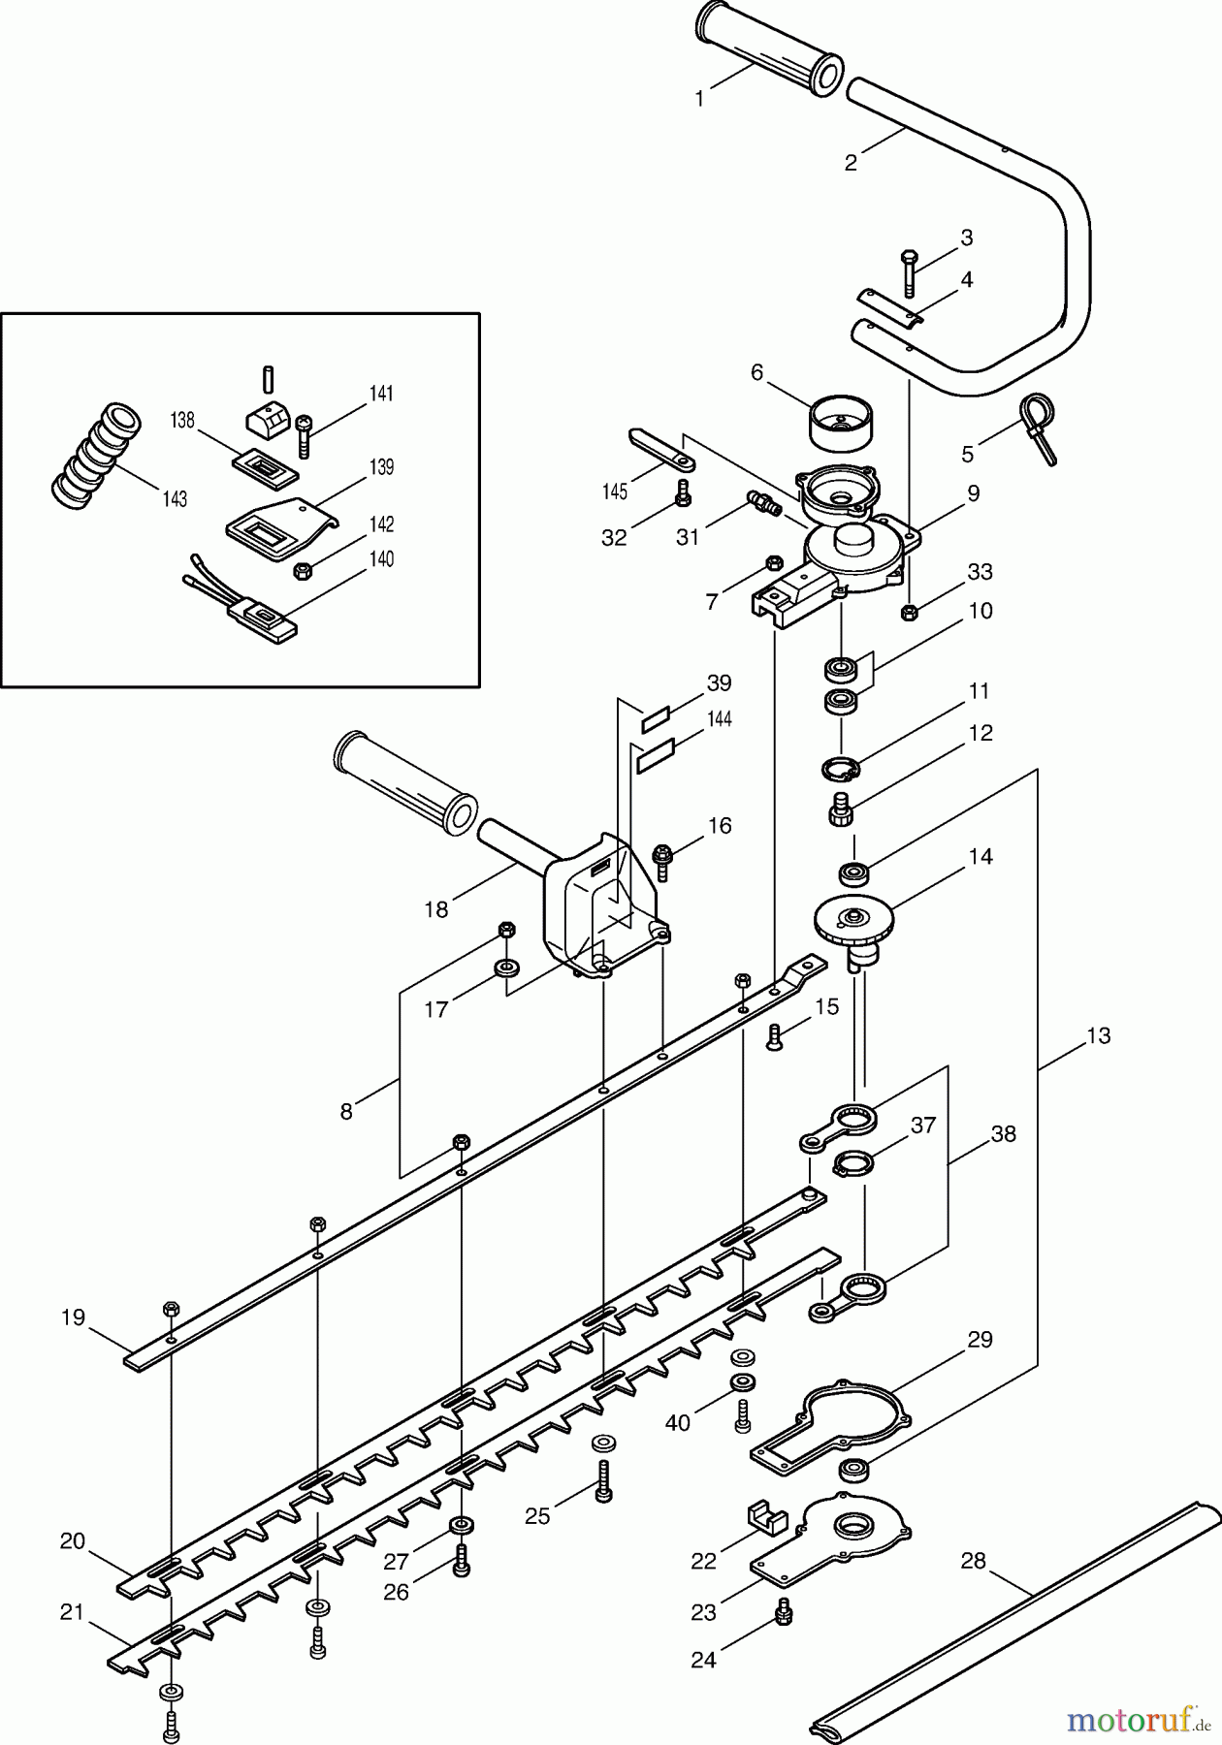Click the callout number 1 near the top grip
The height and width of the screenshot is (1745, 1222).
point(699,98)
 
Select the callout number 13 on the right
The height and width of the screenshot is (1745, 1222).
point(1097,1035)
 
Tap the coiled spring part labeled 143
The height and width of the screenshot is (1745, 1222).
point(96,457)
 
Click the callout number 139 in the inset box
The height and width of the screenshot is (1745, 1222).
point(381,467)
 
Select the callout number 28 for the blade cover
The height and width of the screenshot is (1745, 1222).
point(973,1560)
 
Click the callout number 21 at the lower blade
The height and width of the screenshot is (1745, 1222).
point(72,1611)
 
